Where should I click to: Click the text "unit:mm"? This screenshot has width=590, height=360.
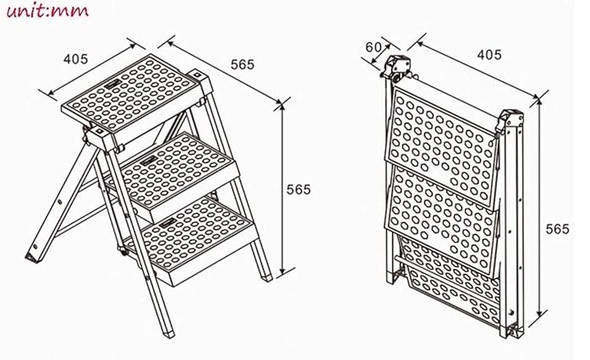click(x=47, y=10)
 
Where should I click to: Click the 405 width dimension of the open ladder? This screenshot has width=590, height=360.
click(x=75, y=59)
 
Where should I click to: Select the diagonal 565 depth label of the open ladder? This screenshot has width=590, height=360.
click(x=243, y=64)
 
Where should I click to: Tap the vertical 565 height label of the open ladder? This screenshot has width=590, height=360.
click(x=298, y=189)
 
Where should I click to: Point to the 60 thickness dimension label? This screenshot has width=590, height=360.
click(x=374, y=47)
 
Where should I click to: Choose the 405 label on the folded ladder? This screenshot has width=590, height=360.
click(x=489, y=55)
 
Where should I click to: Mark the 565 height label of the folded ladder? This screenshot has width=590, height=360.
click(x=558, y=229)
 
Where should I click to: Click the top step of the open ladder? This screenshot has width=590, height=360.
click(x=129, y=93)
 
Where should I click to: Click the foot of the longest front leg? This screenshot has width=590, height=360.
click(x=168, y=333)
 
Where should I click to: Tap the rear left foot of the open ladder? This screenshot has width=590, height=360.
click(x=31, y=257)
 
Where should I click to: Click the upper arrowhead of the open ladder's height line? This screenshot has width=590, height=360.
click(x=282, y=106)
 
